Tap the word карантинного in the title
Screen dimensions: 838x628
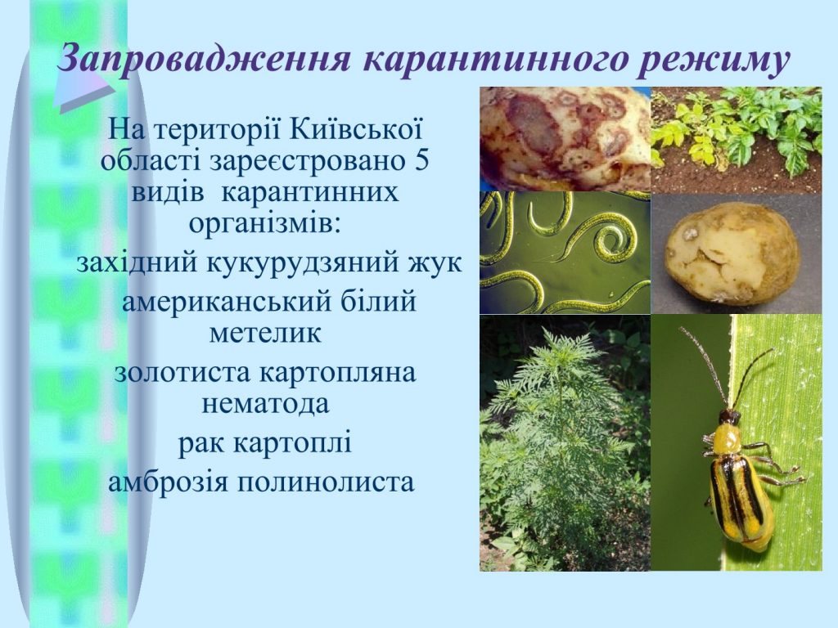[494, 60]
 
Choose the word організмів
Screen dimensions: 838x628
[265, 222]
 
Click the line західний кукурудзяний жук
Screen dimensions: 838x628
[268, 262]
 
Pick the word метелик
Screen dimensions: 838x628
[265, 333]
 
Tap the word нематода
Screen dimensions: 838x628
[265, 404]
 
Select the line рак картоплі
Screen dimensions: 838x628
[265, 443]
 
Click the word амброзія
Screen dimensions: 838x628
[169, 481]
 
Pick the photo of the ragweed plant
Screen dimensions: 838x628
[565, 442]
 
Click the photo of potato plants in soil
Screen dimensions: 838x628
[737, 140]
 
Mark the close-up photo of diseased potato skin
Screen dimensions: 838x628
[565, 139]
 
